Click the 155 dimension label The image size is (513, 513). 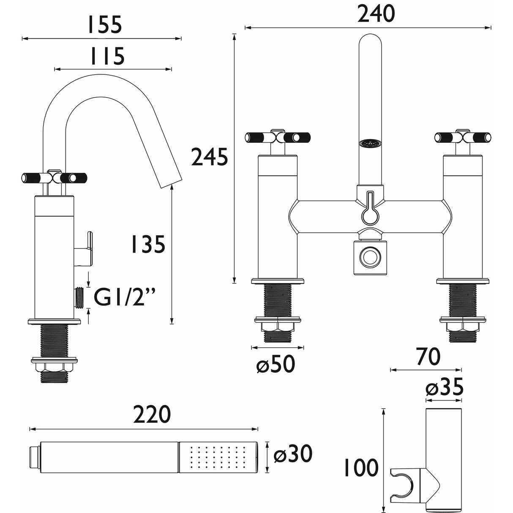point(104,25)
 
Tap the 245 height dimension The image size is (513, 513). point(210,158)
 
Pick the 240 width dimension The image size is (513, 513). point(376,14)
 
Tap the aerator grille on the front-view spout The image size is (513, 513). point(370,144)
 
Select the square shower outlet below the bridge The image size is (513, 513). point(370,256)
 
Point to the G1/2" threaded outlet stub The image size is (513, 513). point(79,297)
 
